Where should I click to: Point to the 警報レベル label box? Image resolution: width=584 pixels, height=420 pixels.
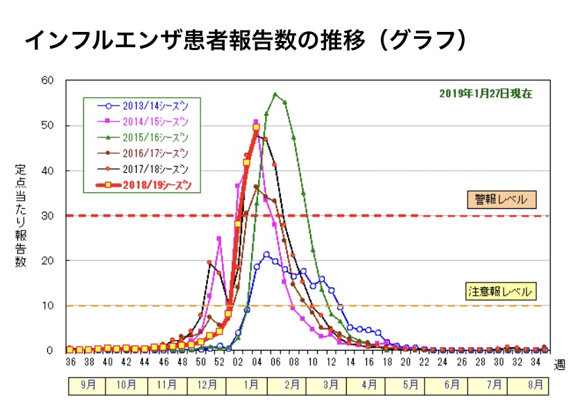pyautogui.click(x=501, y=200)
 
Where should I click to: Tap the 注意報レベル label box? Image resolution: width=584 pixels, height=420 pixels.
pyautogui.click(x=502, y=292)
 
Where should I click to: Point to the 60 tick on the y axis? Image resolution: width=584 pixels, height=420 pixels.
pyautogui.click(x=47, y=80)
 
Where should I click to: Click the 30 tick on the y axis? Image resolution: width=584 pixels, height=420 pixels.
pyautogui.click(x=47, y=215)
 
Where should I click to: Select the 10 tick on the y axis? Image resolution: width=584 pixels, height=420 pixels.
pyautogui.click(x=47, y=305)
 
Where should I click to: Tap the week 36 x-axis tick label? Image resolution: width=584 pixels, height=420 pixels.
pyautogui.click(x=70, y=362)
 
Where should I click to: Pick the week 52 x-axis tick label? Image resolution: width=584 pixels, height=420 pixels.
pyautogui.click(x=219, y=362)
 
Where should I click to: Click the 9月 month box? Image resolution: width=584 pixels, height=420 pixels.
pyautogui.click(x=87, y=385)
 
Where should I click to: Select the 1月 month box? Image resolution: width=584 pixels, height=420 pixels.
pyautogui.click(x=252, y=385)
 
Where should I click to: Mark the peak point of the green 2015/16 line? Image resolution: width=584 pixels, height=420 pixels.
pyautogui.click(x=275, y=94)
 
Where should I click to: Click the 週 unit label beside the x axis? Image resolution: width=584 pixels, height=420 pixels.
pyautogui.click(x=559, y=364)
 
